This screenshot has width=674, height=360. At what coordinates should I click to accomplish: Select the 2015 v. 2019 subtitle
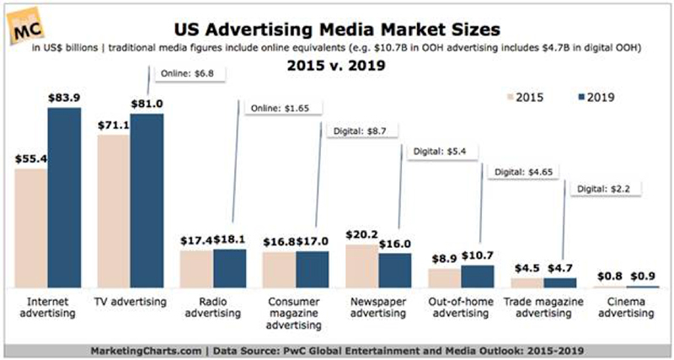pos(337,65)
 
